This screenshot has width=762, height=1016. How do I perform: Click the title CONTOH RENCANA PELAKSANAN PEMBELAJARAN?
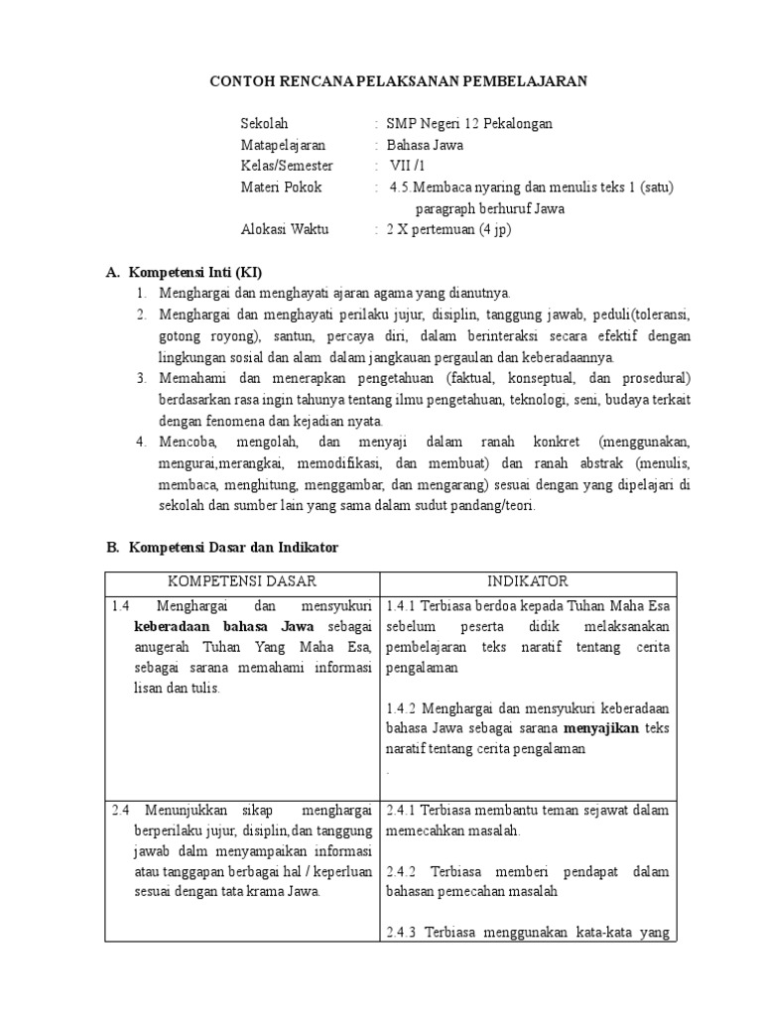click(x=398, y=81)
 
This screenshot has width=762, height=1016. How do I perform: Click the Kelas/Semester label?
click(x=287, y=166)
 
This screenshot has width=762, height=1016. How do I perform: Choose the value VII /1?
click(x=407, y=166)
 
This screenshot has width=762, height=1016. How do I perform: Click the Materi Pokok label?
click(x=281, y=187)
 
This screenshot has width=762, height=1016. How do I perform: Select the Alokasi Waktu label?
click(x=284, y=229)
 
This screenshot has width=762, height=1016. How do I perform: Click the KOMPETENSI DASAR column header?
click(x=242, y=581)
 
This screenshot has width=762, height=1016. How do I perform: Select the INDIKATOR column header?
click(x=527, y=581)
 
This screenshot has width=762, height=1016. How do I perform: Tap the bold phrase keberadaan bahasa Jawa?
click(x=224, y=626)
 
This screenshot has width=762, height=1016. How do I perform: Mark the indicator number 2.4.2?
click(x=404, y=871)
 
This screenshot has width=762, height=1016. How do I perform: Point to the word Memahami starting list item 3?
click(x=192, y=378)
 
